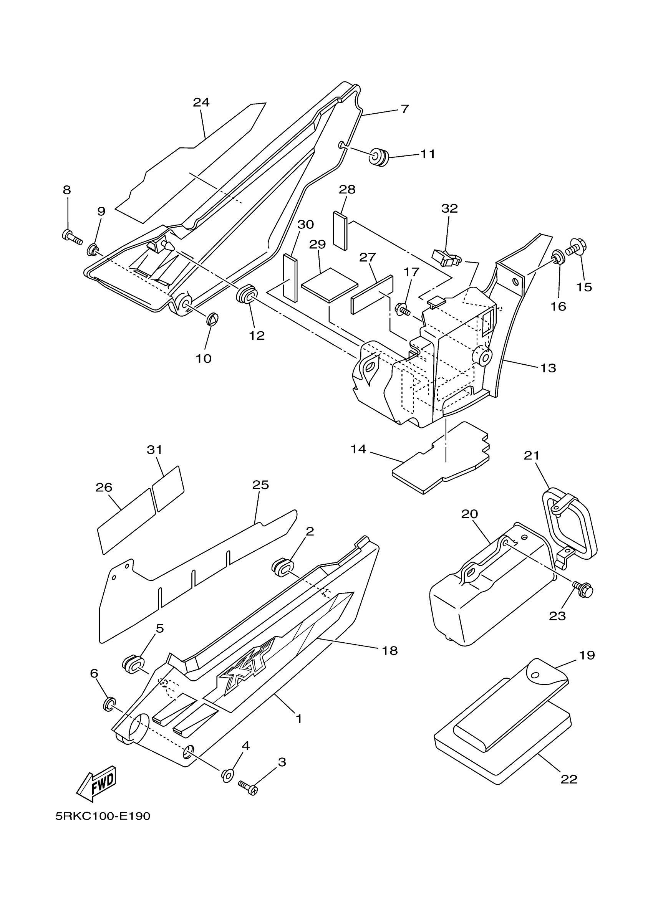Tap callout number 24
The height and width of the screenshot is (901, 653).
pyautogui.click(x=201, y=102)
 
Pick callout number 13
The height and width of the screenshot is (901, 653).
pyautogui.click(x=548, y=368)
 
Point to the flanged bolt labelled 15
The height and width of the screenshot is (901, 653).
pyautogui.click(x=574, y=248)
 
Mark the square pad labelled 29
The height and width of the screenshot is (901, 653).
pyautogui.click(x=330, y=284)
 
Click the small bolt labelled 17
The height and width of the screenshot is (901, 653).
pyautogui.click(x=402, y=308)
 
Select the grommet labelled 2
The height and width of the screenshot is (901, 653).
pyautogui.click(x=282, y=568)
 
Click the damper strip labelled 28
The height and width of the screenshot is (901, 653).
pyautogui.click(x=340, y=230)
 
